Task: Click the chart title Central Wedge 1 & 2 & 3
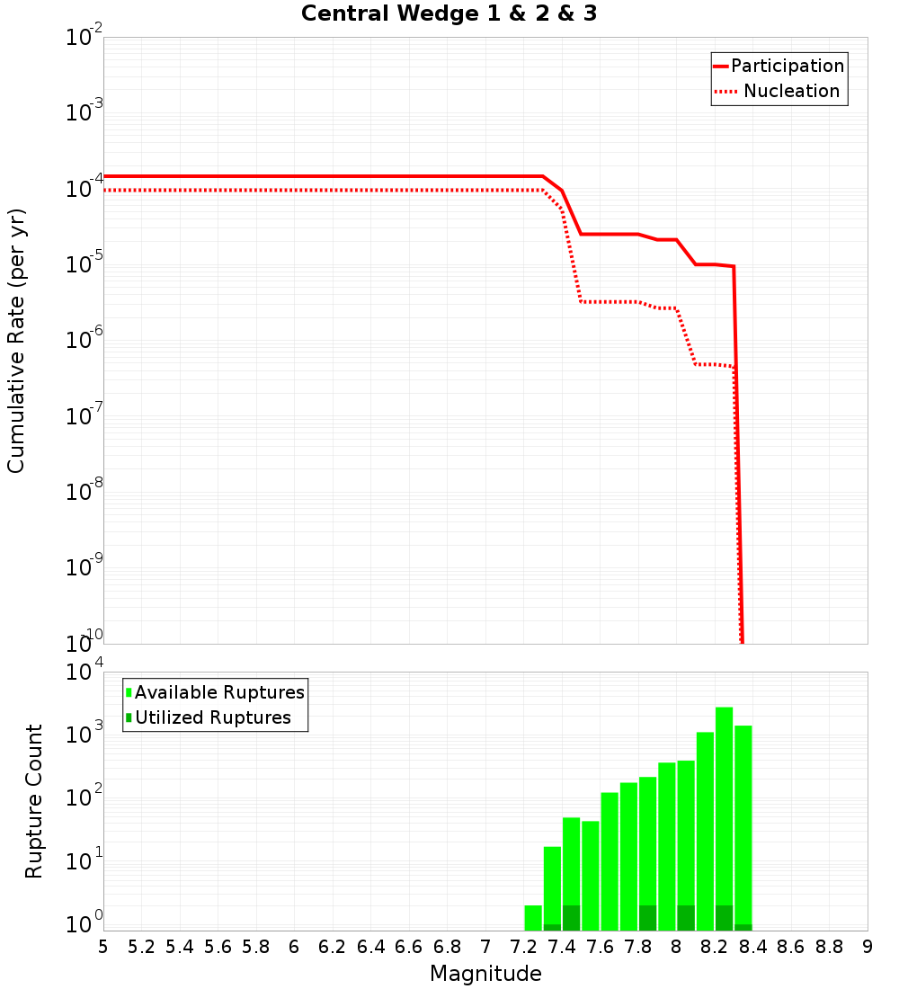pyautogui.click(x=449, y=14)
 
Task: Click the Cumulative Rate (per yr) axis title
pyautogui.click(x=16, y=341)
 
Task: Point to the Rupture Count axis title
pyautogui.click(x=34, y=801)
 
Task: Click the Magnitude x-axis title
pyautogui.click(x=485, y=974)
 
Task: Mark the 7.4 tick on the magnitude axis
pyautogui.click(x=562, y=947)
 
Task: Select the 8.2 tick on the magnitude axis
pyautogui.click(x=715, y=947)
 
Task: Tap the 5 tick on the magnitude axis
pyautogui.click(x=103, y=947)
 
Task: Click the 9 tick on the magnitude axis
pyautogui.click(x=868, y=947)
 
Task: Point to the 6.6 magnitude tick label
pyautogui.click(x=409, y=947)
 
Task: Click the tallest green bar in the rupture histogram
pyautogui.click(x=724, y=818)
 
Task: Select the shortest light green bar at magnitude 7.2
pyautogui.click(x=533, y=917)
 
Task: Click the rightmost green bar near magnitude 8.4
pyautogui.click(x=743, y=827)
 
